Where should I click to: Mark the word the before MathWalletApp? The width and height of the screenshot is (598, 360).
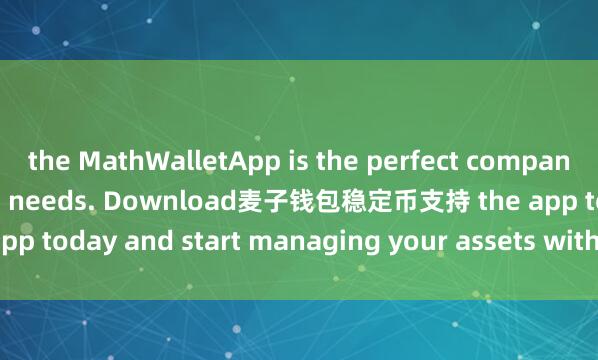click(44, 159)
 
